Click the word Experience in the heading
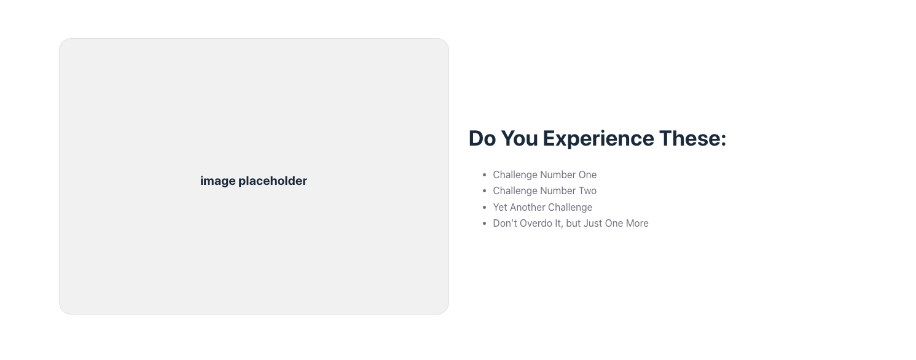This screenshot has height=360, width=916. (x=598, y=139)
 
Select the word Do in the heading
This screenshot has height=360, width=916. (x=482, y=138)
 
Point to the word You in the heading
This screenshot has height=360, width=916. (x=519, y=138)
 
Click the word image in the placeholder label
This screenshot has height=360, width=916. (x=217, y=181)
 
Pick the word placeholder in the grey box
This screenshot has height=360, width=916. (x=273, y=181)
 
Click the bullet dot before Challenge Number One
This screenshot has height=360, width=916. (x=485, y=175)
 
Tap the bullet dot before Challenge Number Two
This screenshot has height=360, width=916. (x=485, y=191)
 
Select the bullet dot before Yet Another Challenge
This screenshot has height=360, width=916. (x=485, y=208)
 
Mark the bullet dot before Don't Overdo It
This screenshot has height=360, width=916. (x=485, y=224)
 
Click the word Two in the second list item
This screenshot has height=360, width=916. (x=588, y=191)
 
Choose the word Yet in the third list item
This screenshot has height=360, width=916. (x=500, y=208)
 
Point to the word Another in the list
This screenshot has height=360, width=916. (x=528, y=208)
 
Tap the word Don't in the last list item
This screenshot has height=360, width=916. (x=504, y=224)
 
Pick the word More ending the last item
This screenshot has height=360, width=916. (x=637, y=224)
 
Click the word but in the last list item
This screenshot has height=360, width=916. (x=573, y=224)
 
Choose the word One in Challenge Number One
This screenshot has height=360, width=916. (x=588, y=175)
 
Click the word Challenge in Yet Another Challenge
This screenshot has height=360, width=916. (x=570, y=208)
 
